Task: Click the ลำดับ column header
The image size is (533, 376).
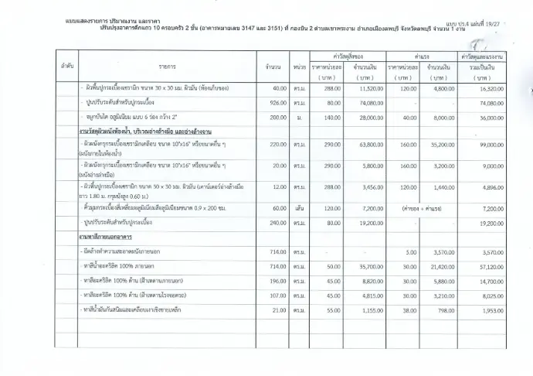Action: tap(67, 67)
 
